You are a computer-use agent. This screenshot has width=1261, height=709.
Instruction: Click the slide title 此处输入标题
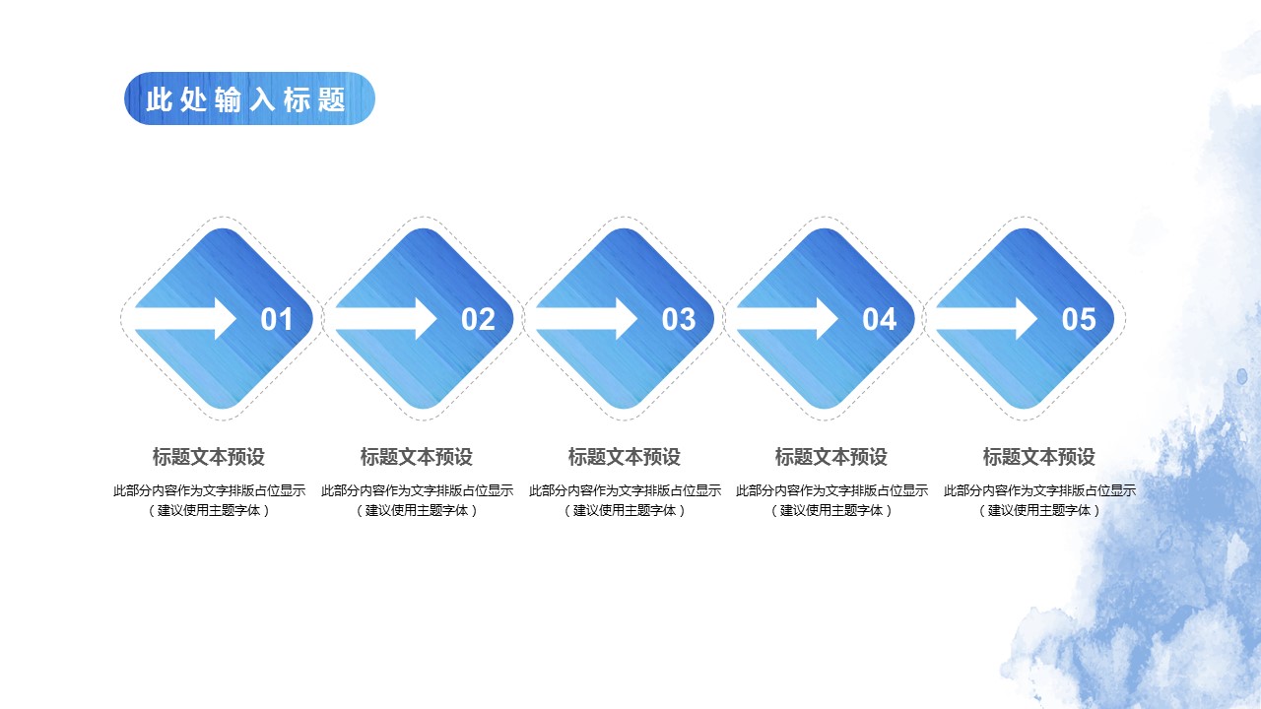point(246,99)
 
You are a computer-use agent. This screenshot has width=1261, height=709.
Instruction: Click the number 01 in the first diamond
point(277,319)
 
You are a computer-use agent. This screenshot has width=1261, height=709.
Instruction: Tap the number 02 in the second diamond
point(478,319)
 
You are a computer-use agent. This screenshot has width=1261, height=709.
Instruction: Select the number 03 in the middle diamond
point(679,319)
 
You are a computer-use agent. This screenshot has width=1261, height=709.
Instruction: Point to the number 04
point(880,319)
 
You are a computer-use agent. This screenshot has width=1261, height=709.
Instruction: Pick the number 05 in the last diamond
point(1079,319)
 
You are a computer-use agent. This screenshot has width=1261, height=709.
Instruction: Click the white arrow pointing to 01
point(186,318)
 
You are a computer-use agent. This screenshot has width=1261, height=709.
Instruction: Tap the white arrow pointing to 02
point(386,318)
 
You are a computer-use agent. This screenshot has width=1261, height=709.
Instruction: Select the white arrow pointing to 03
point(587,318)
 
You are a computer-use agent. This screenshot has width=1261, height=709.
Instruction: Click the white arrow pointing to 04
point(788,318)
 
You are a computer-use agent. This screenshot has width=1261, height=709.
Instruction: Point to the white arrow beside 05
point(987,318)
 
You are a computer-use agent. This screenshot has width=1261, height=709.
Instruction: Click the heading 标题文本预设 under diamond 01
point(209,457)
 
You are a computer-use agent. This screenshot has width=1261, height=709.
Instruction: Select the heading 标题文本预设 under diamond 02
point(417,457)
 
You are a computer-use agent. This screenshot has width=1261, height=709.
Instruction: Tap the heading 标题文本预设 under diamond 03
point(625,457)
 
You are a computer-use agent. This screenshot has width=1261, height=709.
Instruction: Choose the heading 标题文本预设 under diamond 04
point(831,457)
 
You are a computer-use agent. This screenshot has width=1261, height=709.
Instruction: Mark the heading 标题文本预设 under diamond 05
point(1039,457)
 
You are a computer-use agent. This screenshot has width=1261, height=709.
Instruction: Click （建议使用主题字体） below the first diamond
point(209,510)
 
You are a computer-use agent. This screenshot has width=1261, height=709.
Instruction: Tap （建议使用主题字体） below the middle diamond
point(625,510)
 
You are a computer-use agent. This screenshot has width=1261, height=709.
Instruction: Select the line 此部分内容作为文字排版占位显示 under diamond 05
point(1039,490)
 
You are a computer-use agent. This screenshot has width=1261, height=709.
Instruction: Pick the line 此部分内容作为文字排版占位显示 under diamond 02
point(417,490)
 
